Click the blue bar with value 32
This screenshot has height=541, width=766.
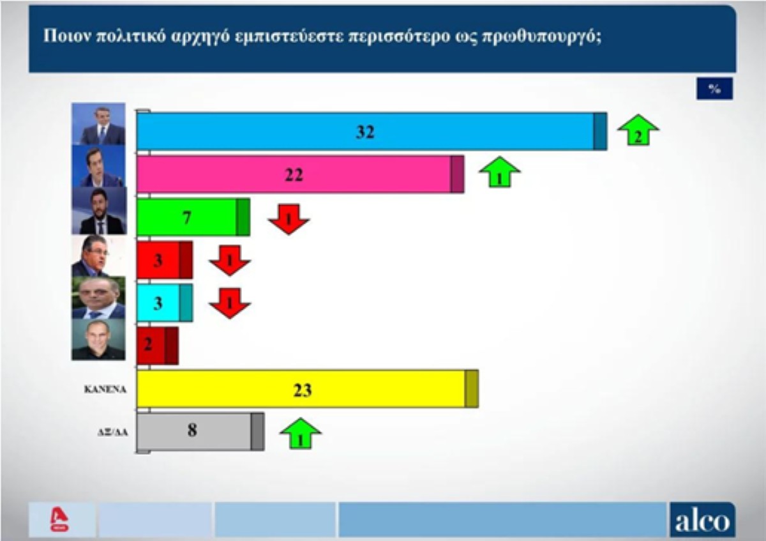pos(372,132)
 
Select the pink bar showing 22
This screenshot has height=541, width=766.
pos(300,174)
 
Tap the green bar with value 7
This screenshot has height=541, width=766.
pos(193,217)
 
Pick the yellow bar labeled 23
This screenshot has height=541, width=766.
pos(308,389)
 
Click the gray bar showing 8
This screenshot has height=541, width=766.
pos(200,432)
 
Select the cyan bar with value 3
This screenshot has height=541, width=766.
pos(165,303)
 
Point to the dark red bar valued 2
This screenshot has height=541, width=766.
pos(157,346)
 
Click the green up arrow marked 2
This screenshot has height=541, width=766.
pos(638,130)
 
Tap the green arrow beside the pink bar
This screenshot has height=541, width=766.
pos(500,172)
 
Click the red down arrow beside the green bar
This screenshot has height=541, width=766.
pos(289,219)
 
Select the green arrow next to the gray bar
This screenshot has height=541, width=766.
pos(301,433)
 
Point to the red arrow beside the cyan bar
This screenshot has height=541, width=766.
pos(230,303)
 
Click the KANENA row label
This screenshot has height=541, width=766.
pos(105,390)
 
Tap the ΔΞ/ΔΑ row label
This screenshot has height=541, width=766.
pos(112,432)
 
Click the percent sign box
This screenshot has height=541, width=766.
pos(715,89)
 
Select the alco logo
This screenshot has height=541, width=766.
pos(702,520)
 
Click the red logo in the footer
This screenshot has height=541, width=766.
pos(59,519)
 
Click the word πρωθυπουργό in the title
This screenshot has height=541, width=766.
pos(541,36)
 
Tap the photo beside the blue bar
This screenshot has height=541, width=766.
pos(98,124)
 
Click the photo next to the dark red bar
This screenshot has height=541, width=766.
pos(98,339)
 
